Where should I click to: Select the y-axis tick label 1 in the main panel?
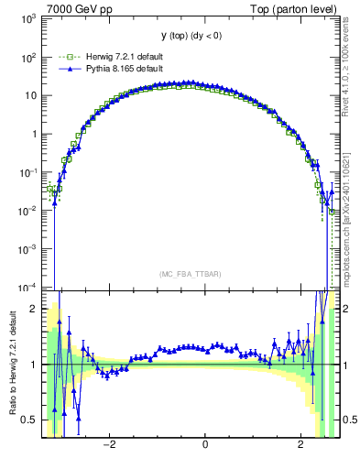point(34,134)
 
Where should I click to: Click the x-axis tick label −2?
point(108,445)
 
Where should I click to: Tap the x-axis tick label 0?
point(205,445)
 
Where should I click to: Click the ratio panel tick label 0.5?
point(30,420)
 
